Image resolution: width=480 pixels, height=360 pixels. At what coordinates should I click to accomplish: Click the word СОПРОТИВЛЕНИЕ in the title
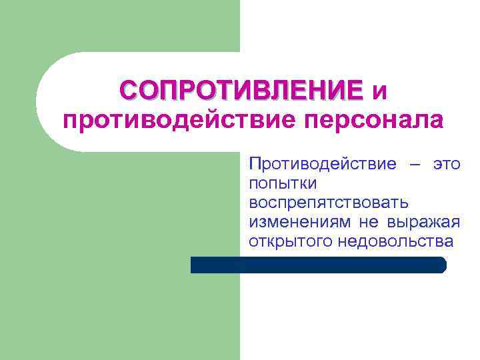(241, 89)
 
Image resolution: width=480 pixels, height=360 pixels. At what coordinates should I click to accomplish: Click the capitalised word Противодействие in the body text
(322, 164)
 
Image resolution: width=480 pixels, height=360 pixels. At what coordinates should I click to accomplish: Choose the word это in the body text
(447, 164)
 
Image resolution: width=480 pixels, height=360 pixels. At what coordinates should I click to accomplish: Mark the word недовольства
(395, 241)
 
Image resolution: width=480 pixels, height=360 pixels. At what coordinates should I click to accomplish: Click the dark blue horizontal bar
(318, 265)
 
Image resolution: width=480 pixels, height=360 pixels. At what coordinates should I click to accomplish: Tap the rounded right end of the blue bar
(442, 265)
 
